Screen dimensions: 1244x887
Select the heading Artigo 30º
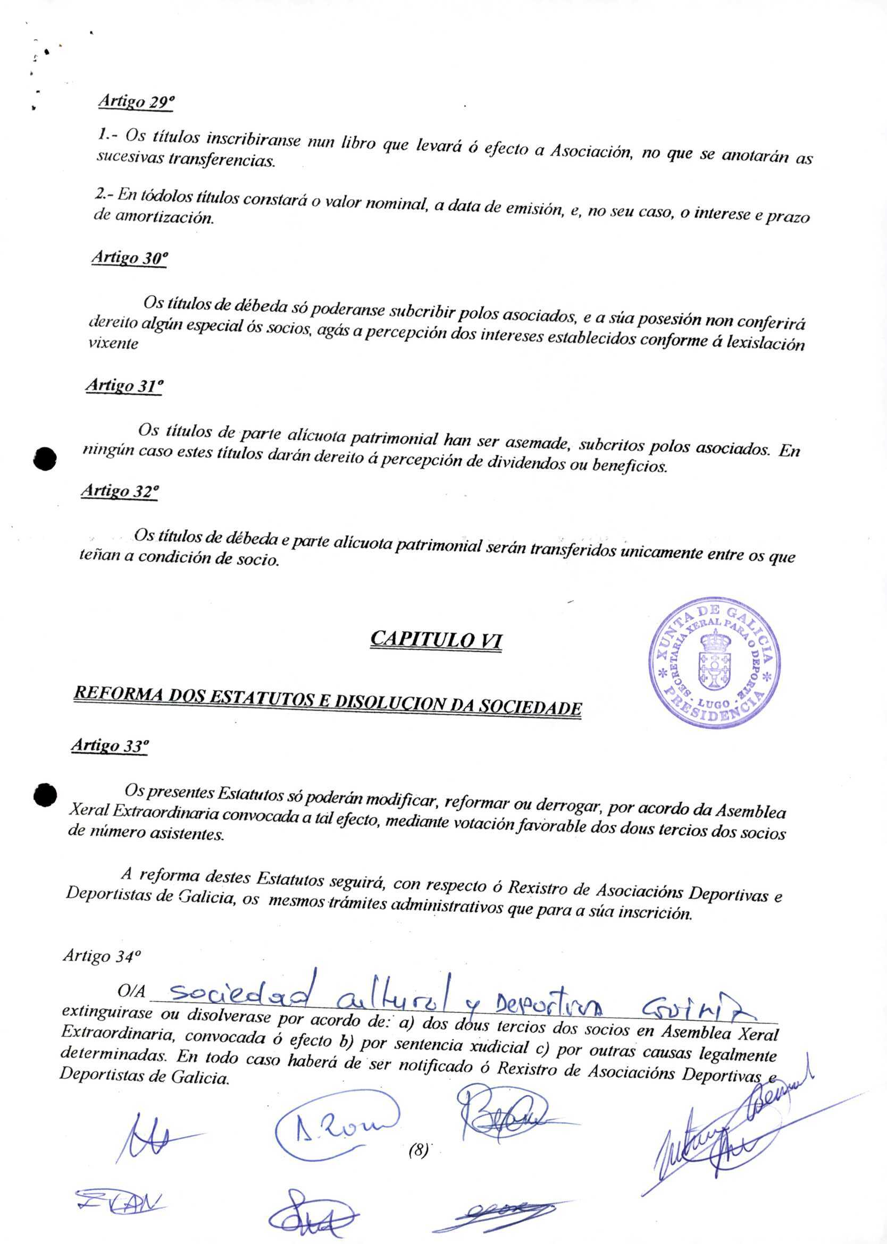(x=129, y=258)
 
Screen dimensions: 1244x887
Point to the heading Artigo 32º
(x=120, y=490)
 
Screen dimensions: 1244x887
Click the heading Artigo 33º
(x=110, y=745)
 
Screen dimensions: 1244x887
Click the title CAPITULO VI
(x=436, y=639)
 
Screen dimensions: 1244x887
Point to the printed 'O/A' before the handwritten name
(x=131, y=991)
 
